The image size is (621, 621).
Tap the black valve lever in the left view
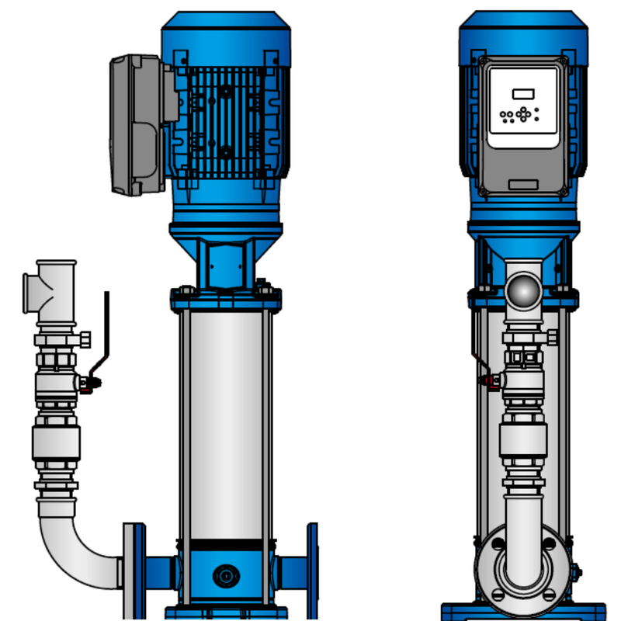coord(106,326)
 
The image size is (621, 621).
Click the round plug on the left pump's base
coord(226,576)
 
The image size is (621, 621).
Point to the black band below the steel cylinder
coord(226,545)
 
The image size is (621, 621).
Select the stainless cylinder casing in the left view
coord(226,419)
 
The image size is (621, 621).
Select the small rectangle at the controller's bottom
coord(524,184)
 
